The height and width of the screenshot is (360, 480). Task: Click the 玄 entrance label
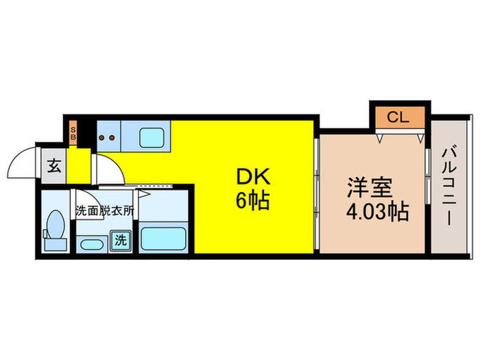pyautogui.click(x=53, y=167)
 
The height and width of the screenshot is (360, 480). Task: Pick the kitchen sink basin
pyautogui.click(x=154, y=136)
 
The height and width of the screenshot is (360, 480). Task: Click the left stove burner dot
pyautogui.click(x=102, y=137)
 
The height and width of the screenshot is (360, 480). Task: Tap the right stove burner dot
pyautogui.click(x=111, y=137)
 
